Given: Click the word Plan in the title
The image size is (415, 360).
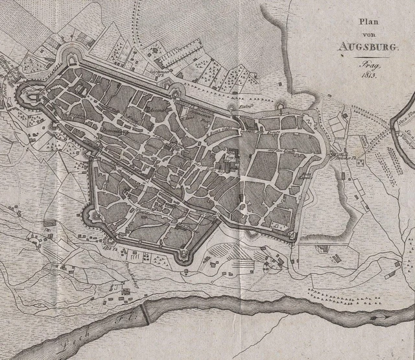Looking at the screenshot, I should tap(369, 23).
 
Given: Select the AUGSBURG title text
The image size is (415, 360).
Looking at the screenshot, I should tap(369, 47).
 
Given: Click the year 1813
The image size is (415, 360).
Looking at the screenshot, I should tap(370, 75).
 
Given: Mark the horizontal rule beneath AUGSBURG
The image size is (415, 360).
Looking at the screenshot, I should tap(369, 56).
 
